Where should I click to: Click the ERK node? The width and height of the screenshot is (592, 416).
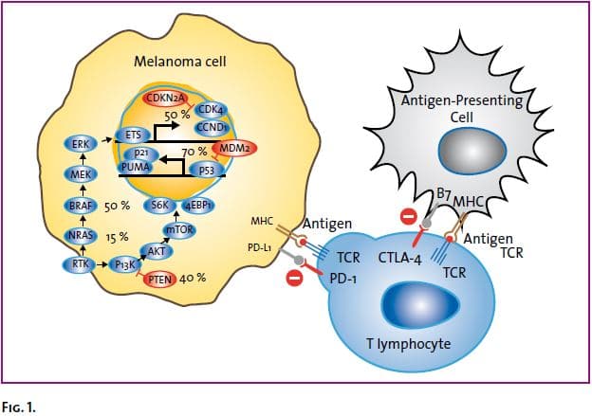79,143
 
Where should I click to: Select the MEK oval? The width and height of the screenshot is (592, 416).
79,173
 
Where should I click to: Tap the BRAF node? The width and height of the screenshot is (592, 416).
79,205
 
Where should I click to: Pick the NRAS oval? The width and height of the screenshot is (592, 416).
79,235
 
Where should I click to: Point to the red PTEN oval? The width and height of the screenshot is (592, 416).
159,279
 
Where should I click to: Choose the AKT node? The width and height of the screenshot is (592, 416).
156,251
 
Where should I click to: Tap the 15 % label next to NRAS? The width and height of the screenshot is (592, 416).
118,236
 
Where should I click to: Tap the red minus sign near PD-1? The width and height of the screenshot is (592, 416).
295,280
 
